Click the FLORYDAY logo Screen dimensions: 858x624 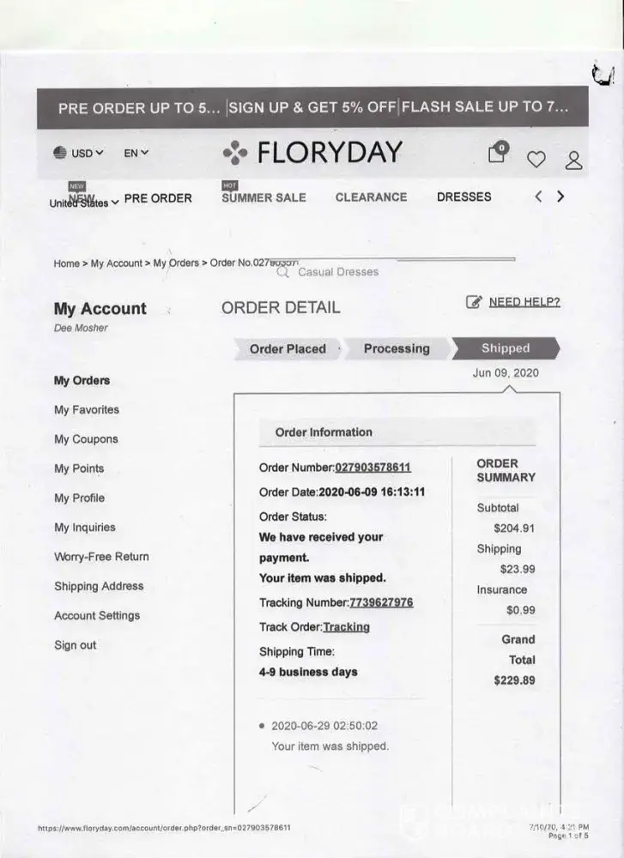pyautogui.click(x=312, y=153)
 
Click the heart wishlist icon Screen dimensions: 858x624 pyautogui.click(x=536, y=159)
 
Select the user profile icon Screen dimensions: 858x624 pyautogui.click(x=573, y=160)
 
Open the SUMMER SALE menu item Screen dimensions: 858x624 pyautogui.click(x=264, y=197)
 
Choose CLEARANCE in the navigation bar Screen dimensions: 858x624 pyautogui.click(x=371, y=197)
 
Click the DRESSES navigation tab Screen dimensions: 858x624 pyautogui.click(x=463, y=196)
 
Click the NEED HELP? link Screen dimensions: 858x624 pyautogui.click(x=524, y=302)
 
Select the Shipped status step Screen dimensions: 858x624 pyautogui.click(x=506, y=348)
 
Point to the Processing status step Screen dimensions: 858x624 pyautogui.click(x=397, y=348)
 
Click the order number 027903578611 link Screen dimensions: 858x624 pyautogui.click(x=373, y=468)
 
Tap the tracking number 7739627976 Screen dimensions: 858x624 pyautogui.click(x=381, y=602)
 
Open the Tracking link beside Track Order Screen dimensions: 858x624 pyautogui.click(x=346, y=627)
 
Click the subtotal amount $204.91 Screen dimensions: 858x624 pyautogui.click(x=513, y=529)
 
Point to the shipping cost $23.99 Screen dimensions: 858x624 pyautogui.click(x=517, y=569)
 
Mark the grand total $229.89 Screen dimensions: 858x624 pyautogui.click(x=513, y=680)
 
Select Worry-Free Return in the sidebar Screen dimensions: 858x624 pyautogui.click(x=101, y=557)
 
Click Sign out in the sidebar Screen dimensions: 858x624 pyautogui.click(x=76, y=645)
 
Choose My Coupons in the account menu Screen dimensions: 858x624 pyautogui.click(x=86, y=439)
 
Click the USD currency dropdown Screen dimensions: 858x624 pyautogui.click(x=79, y=154)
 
